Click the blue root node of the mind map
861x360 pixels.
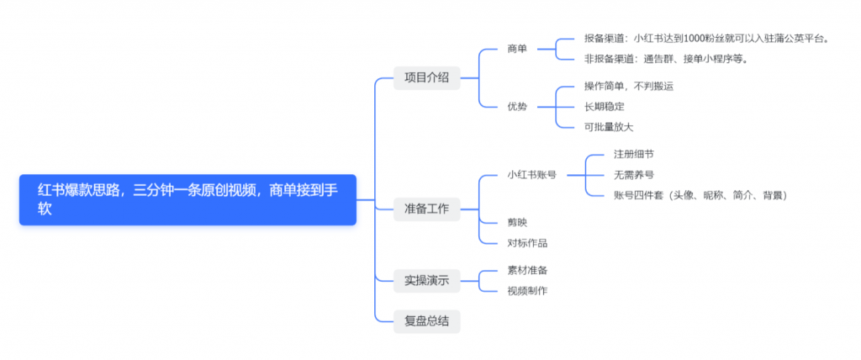pyautogui.click(x=188, y=199)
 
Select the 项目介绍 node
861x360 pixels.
pyautogui.click(x=426, y=77)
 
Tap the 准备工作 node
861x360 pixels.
pyautogui.click(x=426, y=208)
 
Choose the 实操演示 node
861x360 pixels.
pyautogui.click(x=426, y=280)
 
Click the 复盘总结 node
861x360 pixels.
pyautogui.click(x=426, y=320)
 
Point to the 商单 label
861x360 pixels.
pyautogui.click(x=517, y=49)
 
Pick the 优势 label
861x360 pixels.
pyautogui.click(x=517, y=107)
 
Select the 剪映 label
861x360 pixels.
pyautogui.click(x=517, y=222)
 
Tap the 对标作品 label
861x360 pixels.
pyautogui.click(x=527, y=243)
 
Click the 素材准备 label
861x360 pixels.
pyautogui.click(x=527, y=270)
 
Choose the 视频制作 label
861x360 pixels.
pyautogui.click(x=527, y=291)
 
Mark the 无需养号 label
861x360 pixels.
pyautogui.click(x=633, y=175)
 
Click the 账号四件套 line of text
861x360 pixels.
pyautogui.click(x=700, y=195)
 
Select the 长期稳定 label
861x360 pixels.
pyautogui.click(x=604, y=107)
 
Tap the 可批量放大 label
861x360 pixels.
pyautogui.click(x=609, y=127)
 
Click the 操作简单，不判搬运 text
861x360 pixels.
pyautogui.click(x=629, y=86)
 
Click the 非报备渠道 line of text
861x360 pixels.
pyautogui.click(x=666, y=59)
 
